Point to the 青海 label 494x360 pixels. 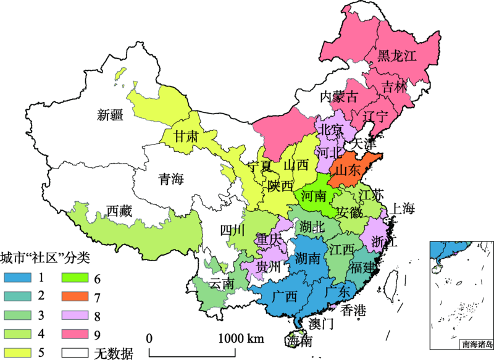[171, 180]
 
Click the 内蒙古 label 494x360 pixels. [338, 97]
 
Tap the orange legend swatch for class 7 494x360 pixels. [76, 298]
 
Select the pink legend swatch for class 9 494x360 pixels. [76, 336]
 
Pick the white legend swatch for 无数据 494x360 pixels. [76, 354]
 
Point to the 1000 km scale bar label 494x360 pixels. [241, 338]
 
